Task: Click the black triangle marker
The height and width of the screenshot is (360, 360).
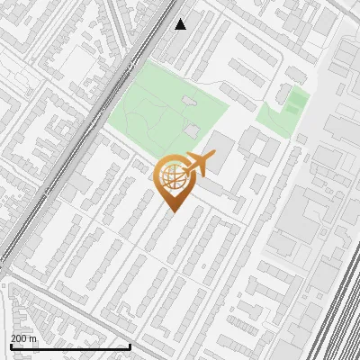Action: tap(181, 24)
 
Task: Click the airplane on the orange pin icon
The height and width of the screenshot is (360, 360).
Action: tap(199, 164)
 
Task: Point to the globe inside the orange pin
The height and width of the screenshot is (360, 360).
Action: tap(174, 177)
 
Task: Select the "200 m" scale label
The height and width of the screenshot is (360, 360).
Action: tap(24, 338)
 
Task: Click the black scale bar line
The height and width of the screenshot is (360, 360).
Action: tap(70, 346)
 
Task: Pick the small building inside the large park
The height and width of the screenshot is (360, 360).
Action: tap(188, 101)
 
